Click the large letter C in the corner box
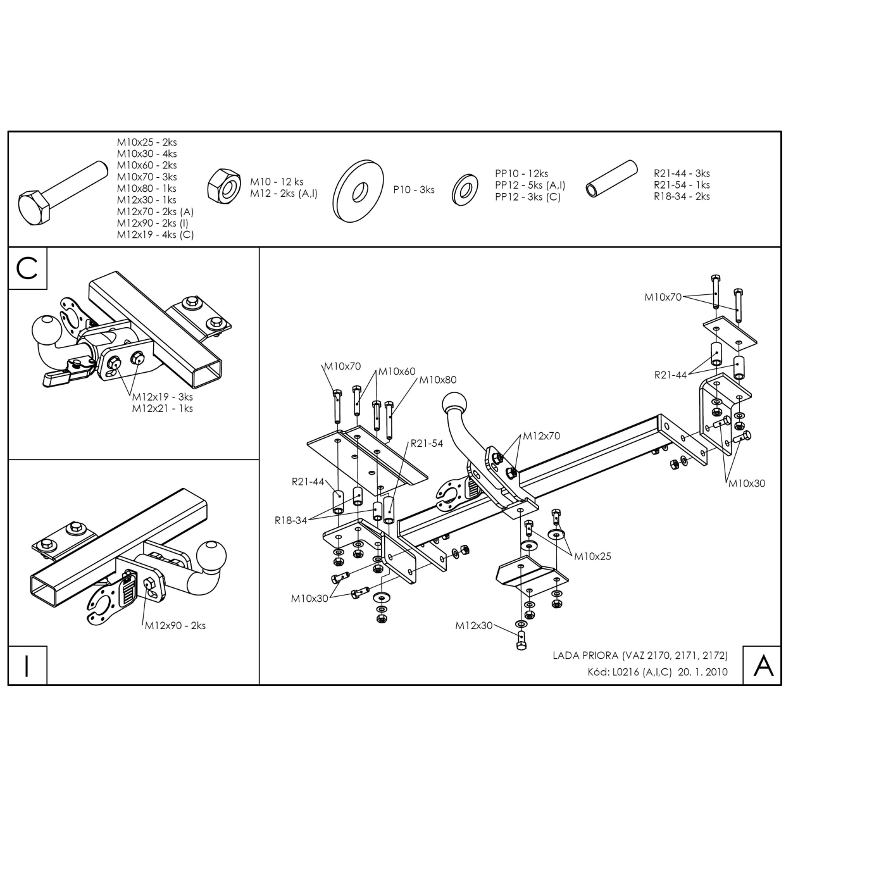[27, 268]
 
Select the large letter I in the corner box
[27, 666]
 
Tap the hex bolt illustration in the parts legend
[63, 192]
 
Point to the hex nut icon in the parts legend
[224, 186]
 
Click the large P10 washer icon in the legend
[358, 191]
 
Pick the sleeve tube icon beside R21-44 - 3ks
[611, 179]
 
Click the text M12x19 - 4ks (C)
[156, 235]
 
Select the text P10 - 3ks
[414, 190]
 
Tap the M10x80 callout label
[438, 380]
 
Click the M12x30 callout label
[473, 625]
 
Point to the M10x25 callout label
[592, 556]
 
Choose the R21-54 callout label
[427, 443]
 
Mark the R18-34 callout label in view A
[290, 520]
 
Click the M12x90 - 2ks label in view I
[175, 625]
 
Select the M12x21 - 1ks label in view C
[162, 408]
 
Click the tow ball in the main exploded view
[454, 404]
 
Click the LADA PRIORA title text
[585, 655]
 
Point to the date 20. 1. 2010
[702, 672]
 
